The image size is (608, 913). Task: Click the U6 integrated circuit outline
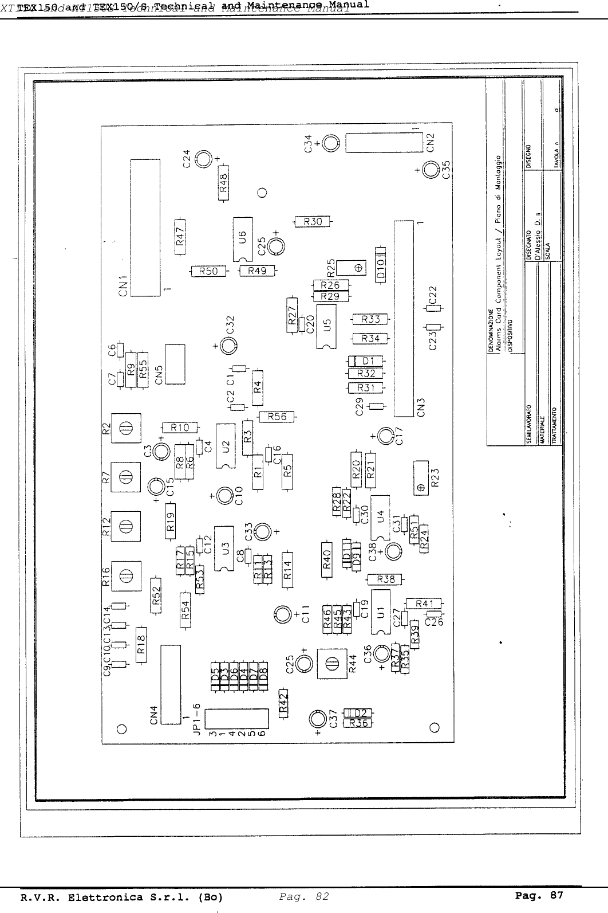tap(243, 238)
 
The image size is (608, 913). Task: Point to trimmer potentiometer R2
tap(127, 428)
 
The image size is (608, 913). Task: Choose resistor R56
tap(277, 417)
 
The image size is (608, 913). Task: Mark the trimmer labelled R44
tap(330, 664)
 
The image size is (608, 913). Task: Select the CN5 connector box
tap(175, 365)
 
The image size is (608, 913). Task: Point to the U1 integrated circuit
tap(380, 612)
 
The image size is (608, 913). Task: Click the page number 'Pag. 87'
tap(539, 895)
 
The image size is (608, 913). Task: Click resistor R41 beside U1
tap(424, 603)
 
